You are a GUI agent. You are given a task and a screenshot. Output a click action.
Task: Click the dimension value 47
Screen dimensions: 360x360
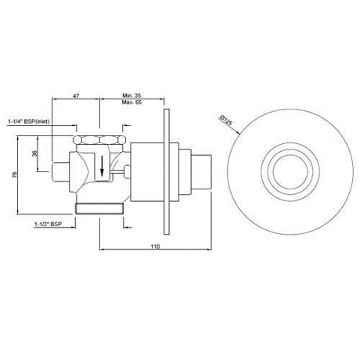point(76,96)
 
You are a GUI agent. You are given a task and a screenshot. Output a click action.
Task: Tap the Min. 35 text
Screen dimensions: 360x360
point(131,95)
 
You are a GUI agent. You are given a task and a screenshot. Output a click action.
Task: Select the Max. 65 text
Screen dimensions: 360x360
point(131,102)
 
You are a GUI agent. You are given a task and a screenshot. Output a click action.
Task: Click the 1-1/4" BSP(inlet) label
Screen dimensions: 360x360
point(29,121)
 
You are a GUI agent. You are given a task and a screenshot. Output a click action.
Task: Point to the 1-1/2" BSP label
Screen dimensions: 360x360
point(49,224)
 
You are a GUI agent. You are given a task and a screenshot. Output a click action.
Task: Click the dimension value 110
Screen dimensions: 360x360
point(155,247)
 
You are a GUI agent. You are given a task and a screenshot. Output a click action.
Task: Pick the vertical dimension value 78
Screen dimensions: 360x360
point(15,175)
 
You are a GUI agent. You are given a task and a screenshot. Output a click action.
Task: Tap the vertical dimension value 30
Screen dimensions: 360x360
point(34,153)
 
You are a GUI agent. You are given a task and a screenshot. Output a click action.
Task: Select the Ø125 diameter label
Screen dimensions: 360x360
point(225,121)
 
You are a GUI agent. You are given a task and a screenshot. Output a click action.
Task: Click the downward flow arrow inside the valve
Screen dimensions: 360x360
point(102,165)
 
